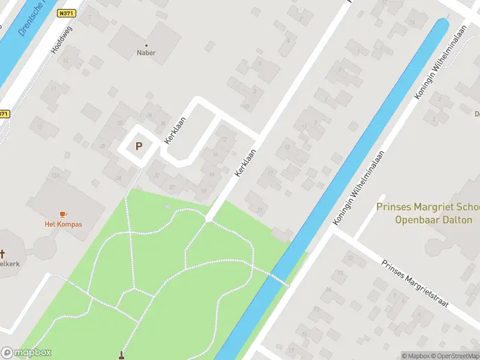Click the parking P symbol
[139, 146]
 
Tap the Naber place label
[146, 52]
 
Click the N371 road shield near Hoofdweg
[66, 13]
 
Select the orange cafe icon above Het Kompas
[63, 214]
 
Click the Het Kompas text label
[63, 224]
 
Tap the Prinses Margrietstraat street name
[416, 284]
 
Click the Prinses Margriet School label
[427, 213]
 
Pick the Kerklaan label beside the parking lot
[175, 128]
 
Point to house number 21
[260, 209]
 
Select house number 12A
[56, 175]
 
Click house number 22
[157, 175]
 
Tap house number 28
[103, 146]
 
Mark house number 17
[271, 174]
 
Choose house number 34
[149, 116]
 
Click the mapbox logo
[26, 353]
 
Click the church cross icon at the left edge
[2, 254]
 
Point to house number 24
[118, 178]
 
